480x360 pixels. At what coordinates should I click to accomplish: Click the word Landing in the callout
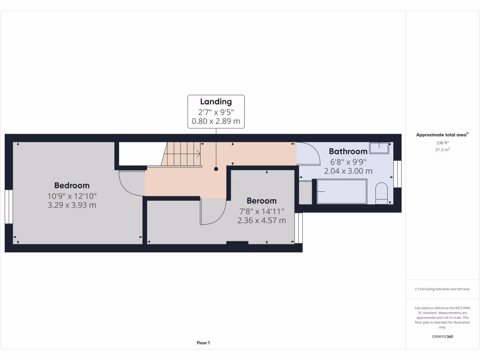coord(216,102)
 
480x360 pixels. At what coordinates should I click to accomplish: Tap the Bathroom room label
coord(348,151)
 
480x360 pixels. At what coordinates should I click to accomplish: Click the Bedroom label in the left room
coord(72,185)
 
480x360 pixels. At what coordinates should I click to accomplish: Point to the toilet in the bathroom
coord(382,194)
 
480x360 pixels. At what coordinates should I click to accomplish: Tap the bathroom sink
coord(379,148)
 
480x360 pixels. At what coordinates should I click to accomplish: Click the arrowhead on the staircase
coord(199,153)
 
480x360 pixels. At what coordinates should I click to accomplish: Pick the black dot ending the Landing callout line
coord(216,169)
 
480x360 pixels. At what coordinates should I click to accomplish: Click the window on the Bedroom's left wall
coord(8,207)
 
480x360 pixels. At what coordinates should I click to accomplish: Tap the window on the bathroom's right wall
coord(397,174)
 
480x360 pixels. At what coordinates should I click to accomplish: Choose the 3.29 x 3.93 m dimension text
coord(72,205)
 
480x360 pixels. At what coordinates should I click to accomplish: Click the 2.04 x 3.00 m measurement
coord(348,171)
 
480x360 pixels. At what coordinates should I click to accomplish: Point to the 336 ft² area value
coord(442,142)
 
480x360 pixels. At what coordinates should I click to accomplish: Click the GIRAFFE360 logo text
coord(442,337)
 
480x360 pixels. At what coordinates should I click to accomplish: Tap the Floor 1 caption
coord(203,343)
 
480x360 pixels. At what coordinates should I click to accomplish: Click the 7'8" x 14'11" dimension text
coord(262,211)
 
